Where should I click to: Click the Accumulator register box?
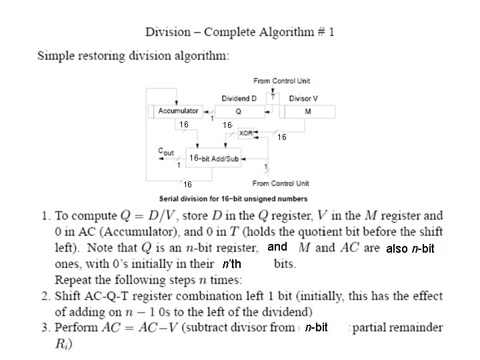pos(176,111)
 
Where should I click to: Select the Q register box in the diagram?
pos(240,111)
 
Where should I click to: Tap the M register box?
pos(307,111)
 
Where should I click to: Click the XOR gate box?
pos(246,133)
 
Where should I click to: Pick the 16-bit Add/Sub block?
pos(213,158)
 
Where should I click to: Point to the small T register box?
pos(273,98)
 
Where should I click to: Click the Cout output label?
pos(166,151)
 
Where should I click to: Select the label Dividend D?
pos(239,99)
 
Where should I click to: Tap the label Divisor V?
pos(303,99)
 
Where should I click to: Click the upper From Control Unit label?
pos(281,81)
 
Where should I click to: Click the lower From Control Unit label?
pos(281,183)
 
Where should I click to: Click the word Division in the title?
pos(168,32)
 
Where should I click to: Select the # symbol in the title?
pos(321,32)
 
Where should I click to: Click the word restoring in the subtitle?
pos(101,56)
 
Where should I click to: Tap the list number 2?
pos(45,296)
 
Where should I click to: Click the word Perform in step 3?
pos(77,327)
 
